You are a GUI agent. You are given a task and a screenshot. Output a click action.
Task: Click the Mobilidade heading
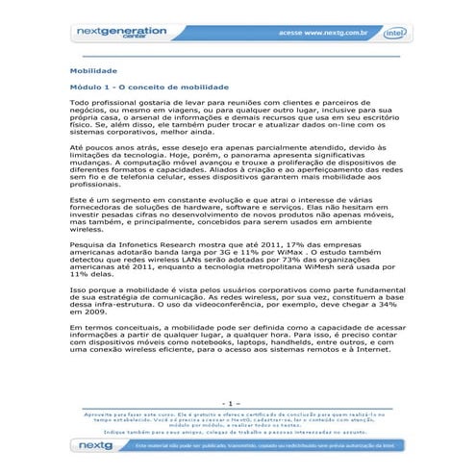[x=93, y=71]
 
